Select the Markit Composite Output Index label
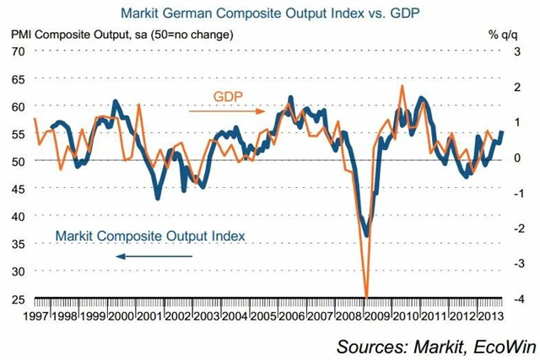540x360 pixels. tap(150, 237)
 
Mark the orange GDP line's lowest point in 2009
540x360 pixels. tap(366, 296)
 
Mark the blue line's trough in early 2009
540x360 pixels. tap(366, 235)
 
